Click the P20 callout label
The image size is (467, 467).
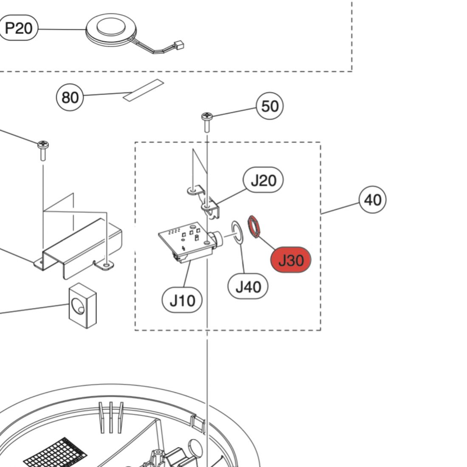click(x=19, y=28)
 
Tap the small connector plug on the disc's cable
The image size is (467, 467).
click(x=179, y=44)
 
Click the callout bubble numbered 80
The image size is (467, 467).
click(x=70, y=97)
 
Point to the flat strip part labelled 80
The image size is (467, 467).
click(x=143, y=90)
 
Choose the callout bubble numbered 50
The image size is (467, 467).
click(x=270, y=106)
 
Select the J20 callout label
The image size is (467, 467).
click(x=263, y=180)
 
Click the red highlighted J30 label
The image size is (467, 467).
click(x=291, y=260)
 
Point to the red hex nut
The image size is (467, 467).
click(x=254, y=226)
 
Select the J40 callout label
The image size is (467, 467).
click(x=248, y=287)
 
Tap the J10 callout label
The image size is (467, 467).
click(x=182, y=301)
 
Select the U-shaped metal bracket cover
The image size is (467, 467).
click(x=81, y=250)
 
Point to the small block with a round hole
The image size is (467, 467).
click(x=82, y=305)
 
